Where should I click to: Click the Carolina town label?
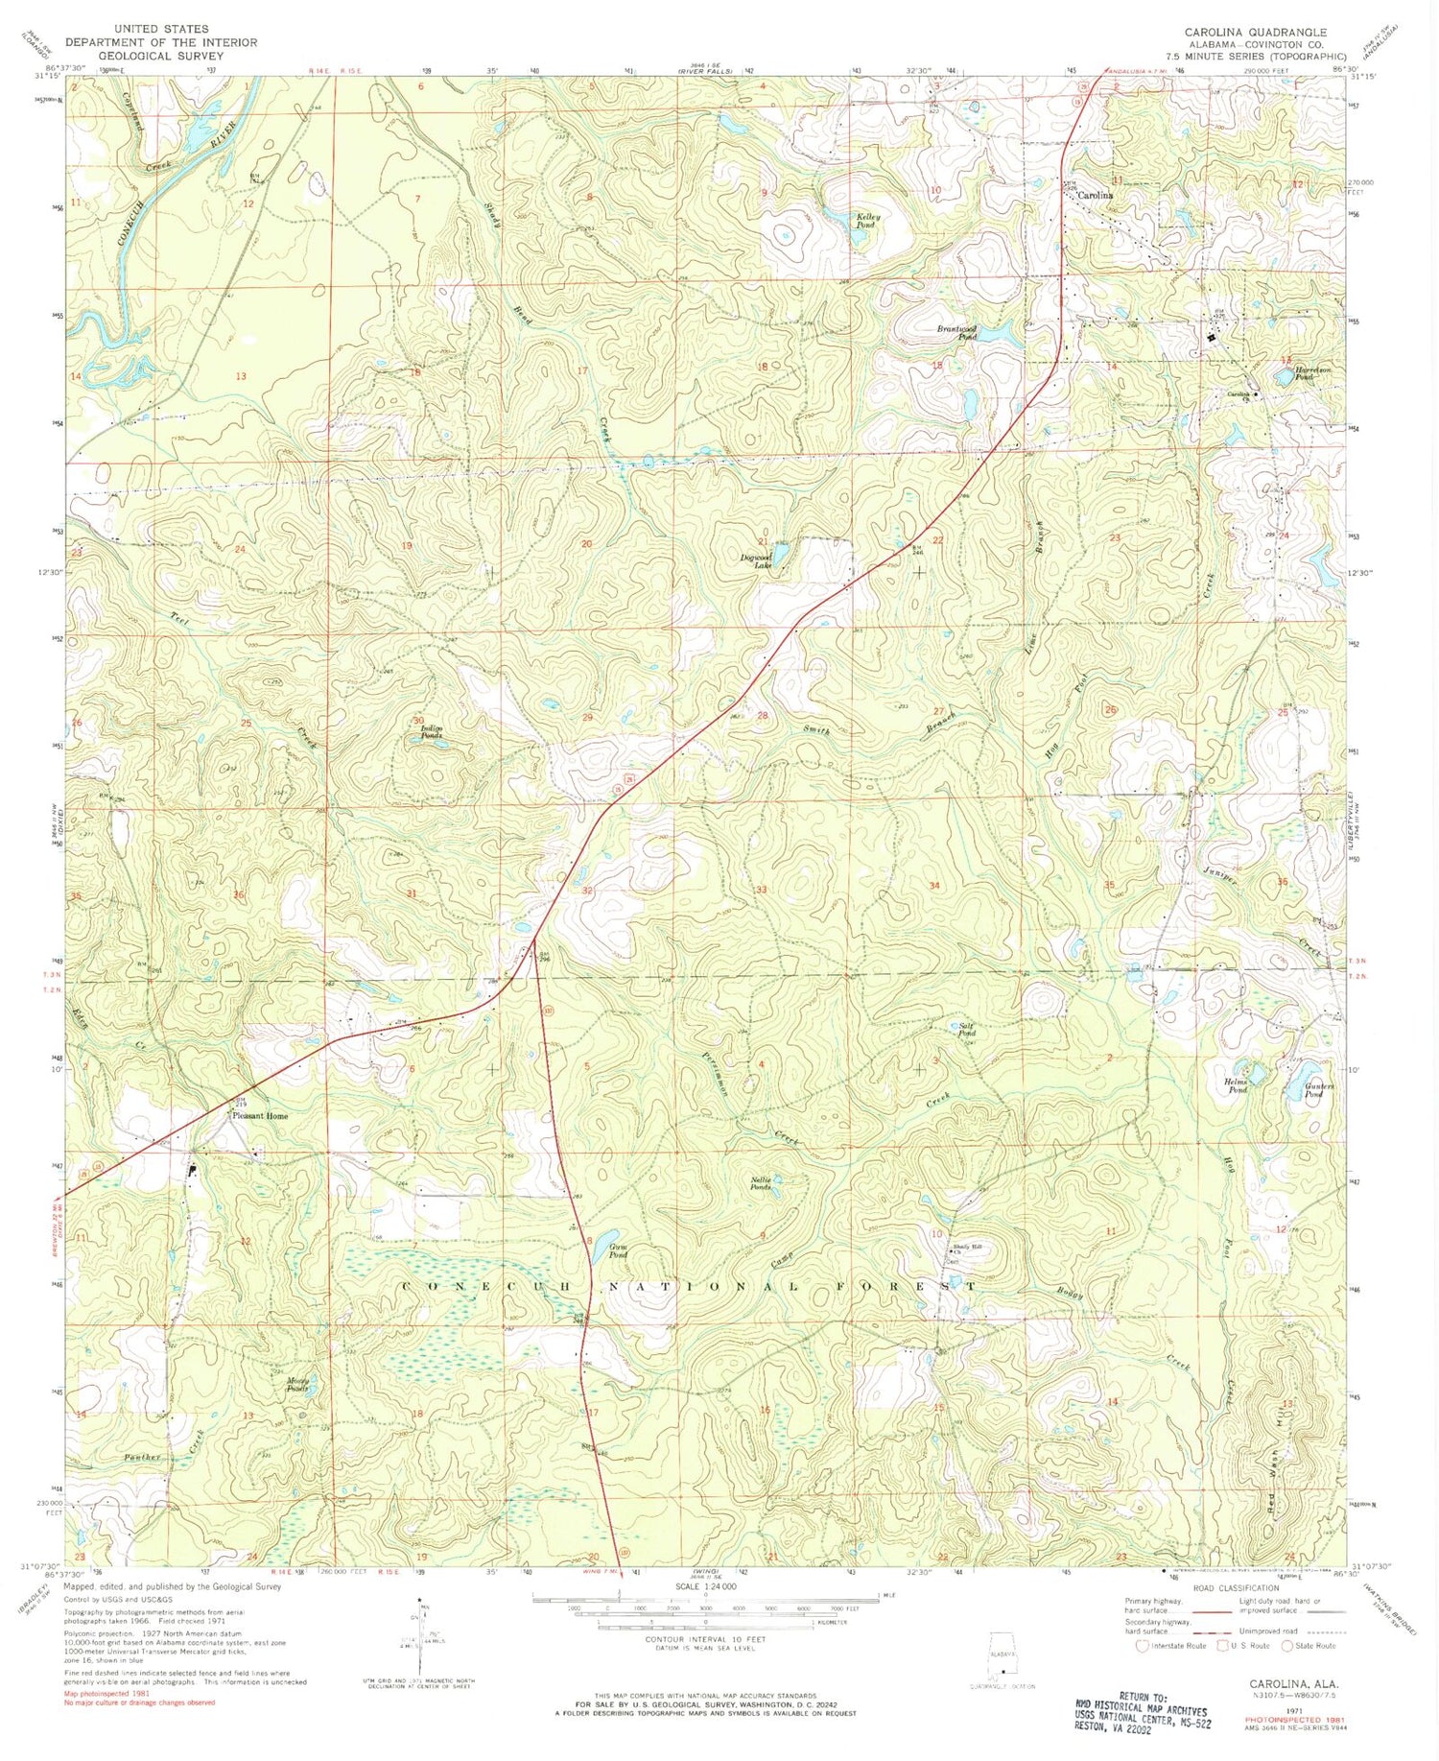click(x=1096, y=195)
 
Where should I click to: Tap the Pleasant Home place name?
click(x=256, y=1116)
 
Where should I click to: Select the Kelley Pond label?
click(x=868, y=222)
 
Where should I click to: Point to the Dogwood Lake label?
click(x=757, y=561)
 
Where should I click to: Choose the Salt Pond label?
click(x=968, y=1030)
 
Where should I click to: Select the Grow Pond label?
click(x=619, y=1251)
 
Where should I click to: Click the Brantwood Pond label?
click(x=956, y=333)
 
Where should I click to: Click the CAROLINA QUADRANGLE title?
click(x=1256, y=33)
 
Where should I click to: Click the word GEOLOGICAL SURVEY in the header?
click(x=161, y=56)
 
